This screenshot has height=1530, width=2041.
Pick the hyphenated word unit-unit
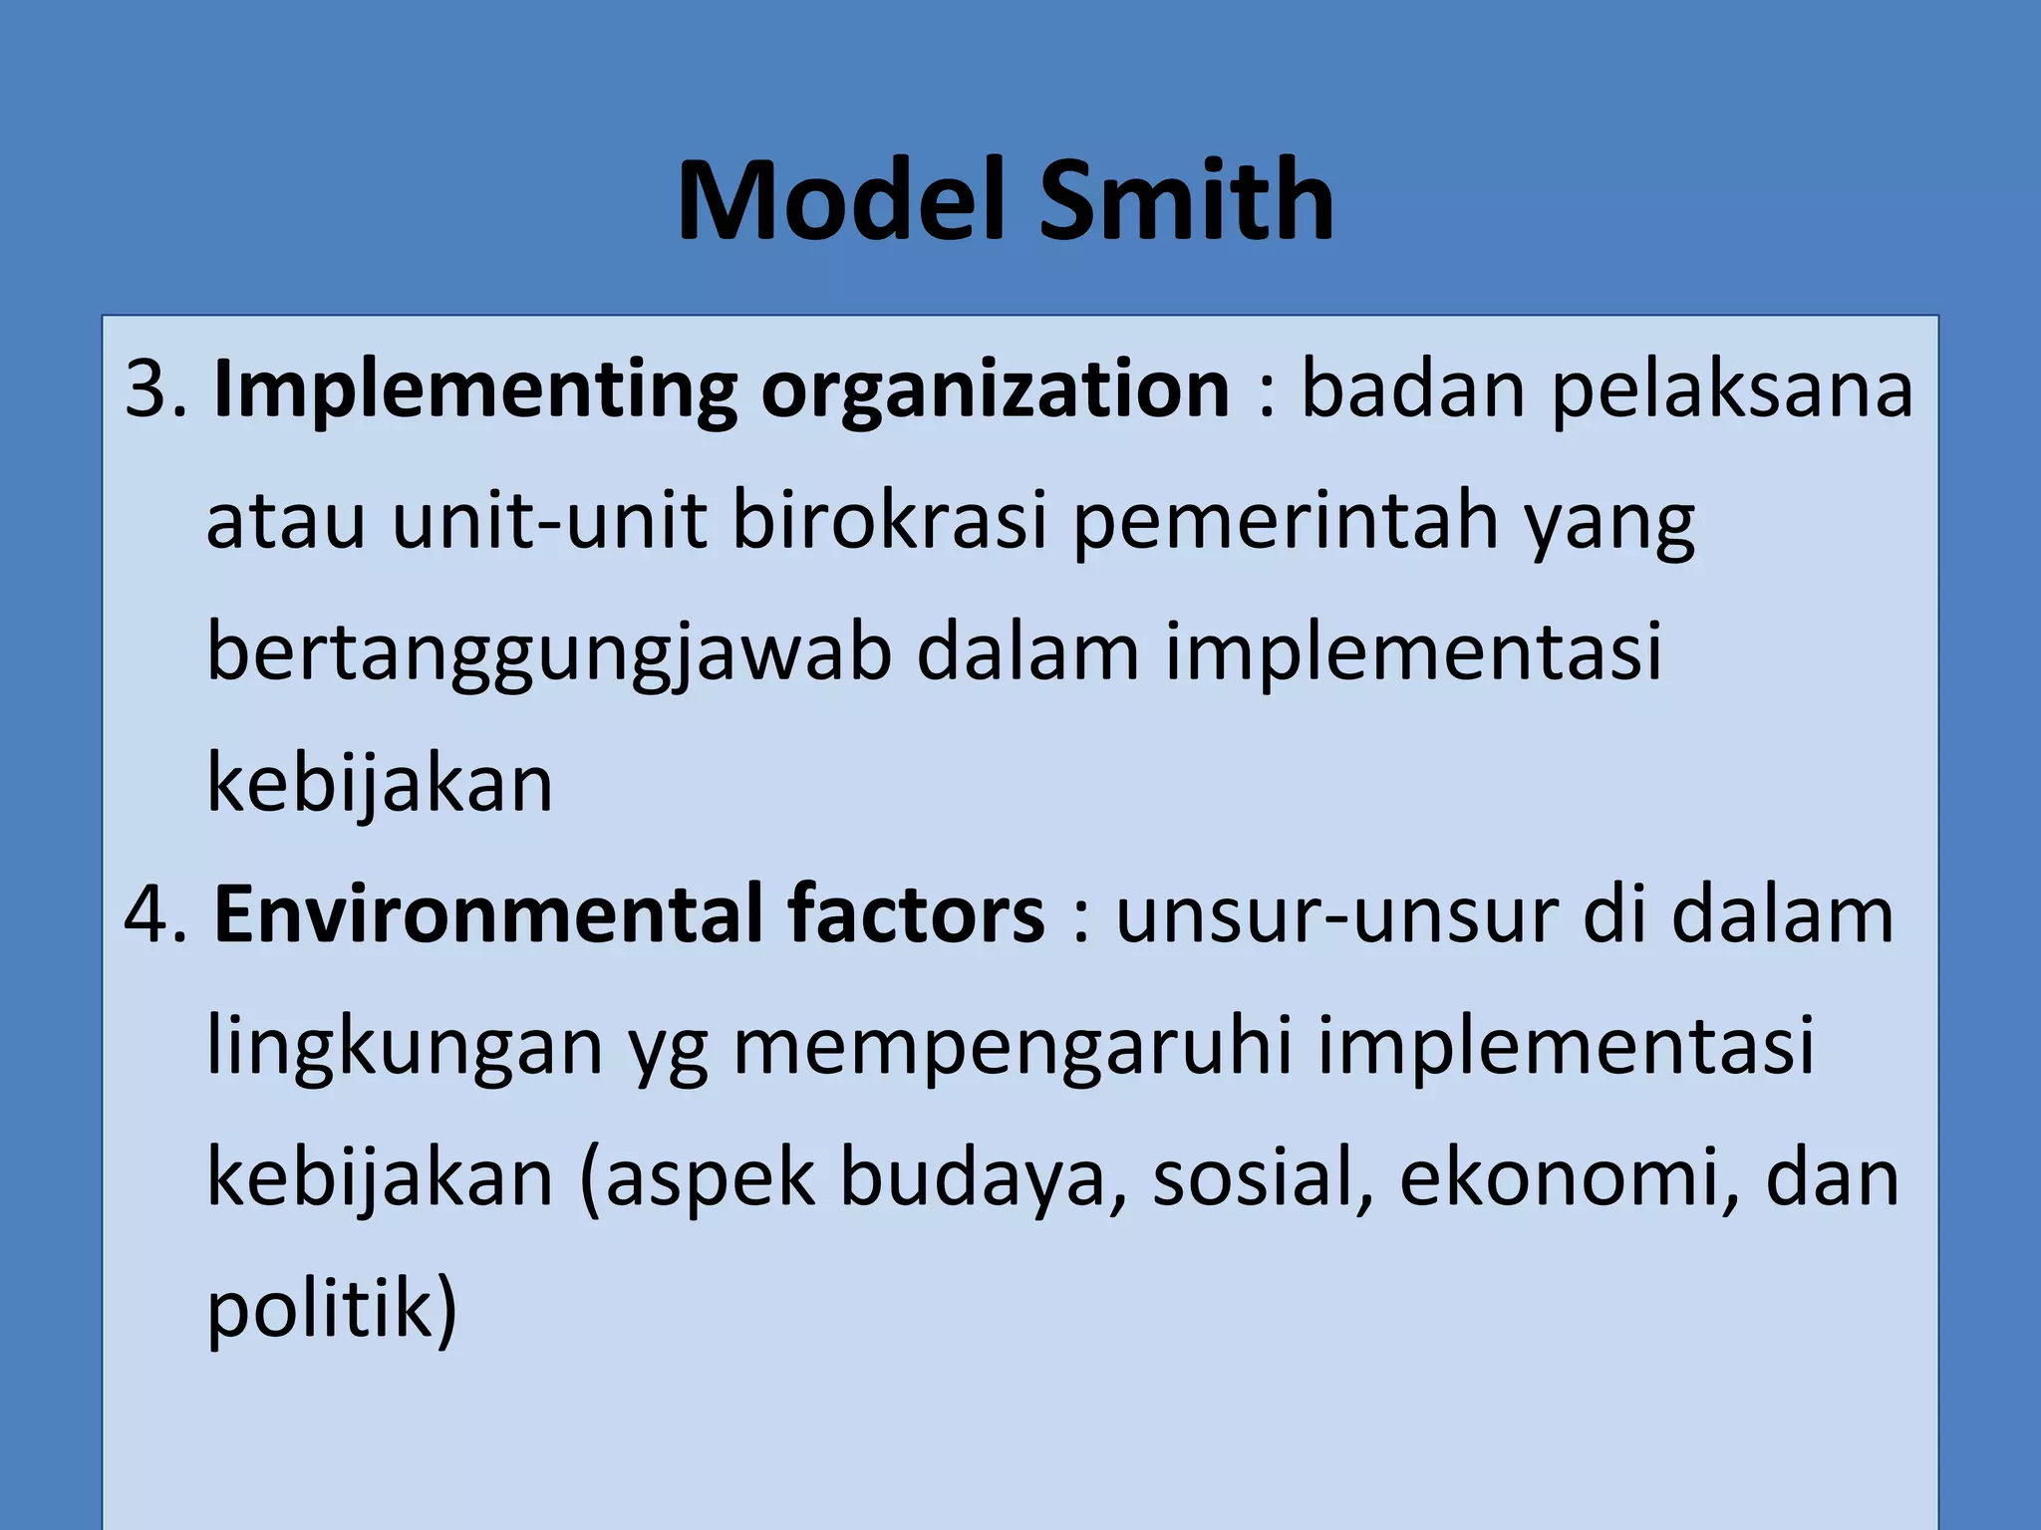[549, 521]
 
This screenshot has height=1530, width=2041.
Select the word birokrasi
[890, 521]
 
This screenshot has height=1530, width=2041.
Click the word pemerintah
[1286, 523]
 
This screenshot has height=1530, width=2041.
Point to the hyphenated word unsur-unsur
[1336, 915]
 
